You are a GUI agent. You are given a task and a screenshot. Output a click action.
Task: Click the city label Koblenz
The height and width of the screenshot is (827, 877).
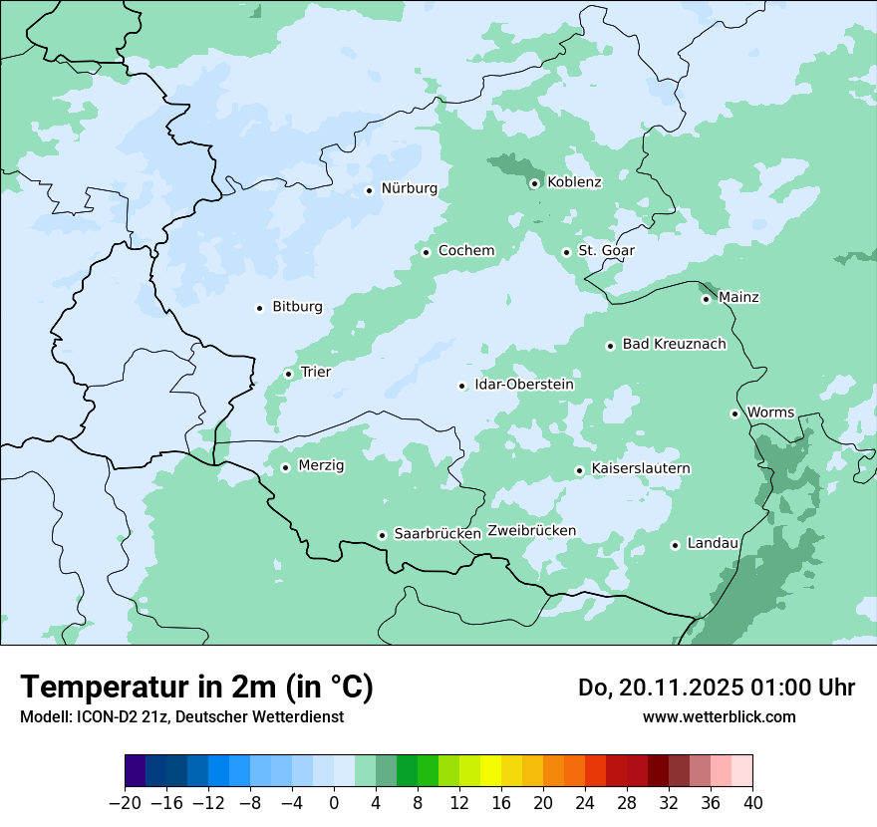574,182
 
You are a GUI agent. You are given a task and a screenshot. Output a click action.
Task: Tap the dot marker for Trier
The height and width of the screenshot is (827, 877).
289,374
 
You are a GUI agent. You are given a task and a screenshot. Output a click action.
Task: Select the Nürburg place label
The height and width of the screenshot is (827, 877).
409,188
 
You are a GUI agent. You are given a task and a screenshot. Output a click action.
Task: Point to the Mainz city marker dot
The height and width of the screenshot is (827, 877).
706,299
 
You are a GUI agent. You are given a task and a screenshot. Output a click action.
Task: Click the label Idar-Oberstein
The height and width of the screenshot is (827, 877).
523,385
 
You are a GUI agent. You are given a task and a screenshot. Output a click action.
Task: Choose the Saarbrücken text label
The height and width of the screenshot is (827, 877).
438,534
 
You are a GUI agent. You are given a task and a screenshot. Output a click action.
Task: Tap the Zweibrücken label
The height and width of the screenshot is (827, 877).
531,531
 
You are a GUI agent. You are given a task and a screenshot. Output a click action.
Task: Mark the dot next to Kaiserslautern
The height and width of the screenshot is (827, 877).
579,470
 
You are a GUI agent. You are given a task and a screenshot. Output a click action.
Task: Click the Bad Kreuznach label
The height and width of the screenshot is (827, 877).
674,344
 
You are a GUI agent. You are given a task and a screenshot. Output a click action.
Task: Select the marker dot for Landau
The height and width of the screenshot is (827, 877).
675,545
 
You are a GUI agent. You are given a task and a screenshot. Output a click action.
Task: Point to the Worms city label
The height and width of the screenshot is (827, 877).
770,413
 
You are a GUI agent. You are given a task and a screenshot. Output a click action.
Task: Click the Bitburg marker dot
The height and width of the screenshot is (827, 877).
259,308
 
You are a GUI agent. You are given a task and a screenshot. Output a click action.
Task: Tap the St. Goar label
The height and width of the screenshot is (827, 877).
606,251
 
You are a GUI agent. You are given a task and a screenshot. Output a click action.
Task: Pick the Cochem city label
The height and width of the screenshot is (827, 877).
465,251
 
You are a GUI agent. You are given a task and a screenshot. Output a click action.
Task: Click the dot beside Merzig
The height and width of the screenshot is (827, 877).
285,467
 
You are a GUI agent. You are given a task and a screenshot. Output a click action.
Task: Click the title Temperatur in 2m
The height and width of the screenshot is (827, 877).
196,688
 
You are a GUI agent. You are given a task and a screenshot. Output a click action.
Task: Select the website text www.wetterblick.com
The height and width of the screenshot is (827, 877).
719,717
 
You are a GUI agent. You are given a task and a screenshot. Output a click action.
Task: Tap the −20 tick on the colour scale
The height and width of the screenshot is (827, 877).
125,803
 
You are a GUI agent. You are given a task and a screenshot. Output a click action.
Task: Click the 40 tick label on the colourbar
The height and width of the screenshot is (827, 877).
752,803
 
